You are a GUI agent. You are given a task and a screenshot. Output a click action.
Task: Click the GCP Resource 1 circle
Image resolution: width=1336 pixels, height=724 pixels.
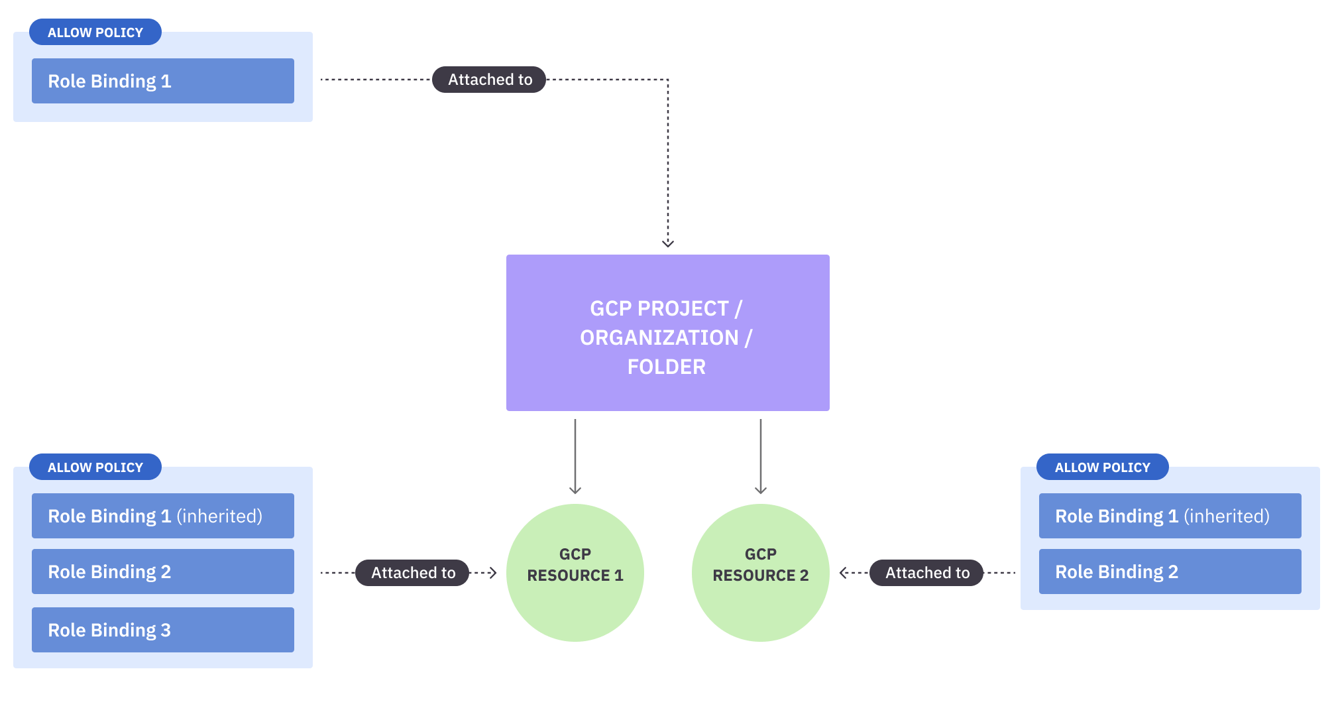pyautogui.click(x=575, y=572)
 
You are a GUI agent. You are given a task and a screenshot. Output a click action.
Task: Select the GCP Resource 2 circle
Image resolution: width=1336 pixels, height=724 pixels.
pyautogui.click(x=760, y=572)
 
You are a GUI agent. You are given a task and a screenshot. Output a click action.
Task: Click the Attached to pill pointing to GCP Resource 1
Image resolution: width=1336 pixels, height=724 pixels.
pyautogui.click(x=412, y=573)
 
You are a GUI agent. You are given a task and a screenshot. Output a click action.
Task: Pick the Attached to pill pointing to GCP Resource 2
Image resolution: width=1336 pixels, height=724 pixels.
pyautogui.click(x=926, y=573)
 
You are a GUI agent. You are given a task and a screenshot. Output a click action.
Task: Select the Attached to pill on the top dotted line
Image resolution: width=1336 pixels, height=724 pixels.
pyautogui.click(x=489, y=80)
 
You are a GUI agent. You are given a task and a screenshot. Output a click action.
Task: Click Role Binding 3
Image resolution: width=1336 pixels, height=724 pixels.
pyautogui.click(x=162, y=630)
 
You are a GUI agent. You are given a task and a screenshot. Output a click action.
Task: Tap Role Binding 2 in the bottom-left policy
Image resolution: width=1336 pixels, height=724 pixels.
pyautogui.click(x=162, y=572)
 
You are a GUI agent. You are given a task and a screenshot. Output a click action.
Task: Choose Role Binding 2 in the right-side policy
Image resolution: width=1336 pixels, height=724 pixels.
pyautogui.click(x=1170, y=572)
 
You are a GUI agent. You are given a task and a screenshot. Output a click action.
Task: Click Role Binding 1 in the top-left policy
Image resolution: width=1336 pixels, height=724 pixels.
pyautogui.click(x=162, y=81)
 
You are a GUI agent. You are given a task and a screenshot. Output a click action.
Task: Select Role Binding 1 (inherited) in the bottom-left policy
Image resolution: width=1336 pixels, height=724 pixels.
pyautogui.click(x=162, y=516)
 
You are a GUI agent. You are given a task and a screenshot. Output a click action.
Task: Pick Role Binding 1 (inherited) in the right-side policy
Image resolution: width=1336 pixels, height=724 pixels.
pyautogui.click(x=1170, y=516)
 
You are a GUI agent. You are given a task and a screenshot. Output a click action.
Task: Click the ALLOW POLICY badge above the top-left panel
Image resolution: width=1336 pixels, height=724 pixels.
pyautogui.click(x=95, y=32)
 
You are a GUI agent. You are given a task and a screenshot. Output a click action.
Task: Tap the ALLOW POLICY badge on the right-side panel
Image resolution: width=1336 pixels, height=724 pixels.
pyautogui.click(x=1102, y=467)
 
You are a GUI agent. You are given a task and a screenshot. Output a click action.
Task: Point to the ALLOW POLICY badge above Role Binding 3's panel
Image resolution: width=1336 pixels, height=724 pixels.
pyautogui.click(x=95, y=467)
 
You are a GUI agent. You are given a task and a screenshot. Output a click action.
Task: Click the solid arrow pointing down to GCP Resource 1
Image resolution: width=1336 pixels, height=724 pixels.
pyautogui.click(x=575, y=457)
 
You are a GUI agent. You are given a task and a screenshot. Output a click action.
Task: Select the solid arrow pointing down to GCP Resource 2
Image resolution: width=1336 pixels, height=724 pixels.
pyautogui.click(x=761, y=457)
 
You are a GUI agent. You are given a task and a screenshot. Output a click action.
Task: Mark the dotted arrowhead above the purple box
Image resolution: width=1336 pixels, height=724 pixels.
pyautogui.click(x=668, y=243)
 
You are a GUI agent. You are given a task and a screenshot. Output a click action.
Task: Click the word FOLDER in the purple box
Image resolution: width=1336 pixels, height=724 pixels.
pyautogui.click(x=667, y=367)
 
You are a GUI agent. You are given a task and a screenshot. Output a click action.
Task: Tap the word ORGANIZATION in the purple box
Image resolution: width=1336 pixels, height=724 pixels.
pyautogui.click(x=659, y=337)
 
